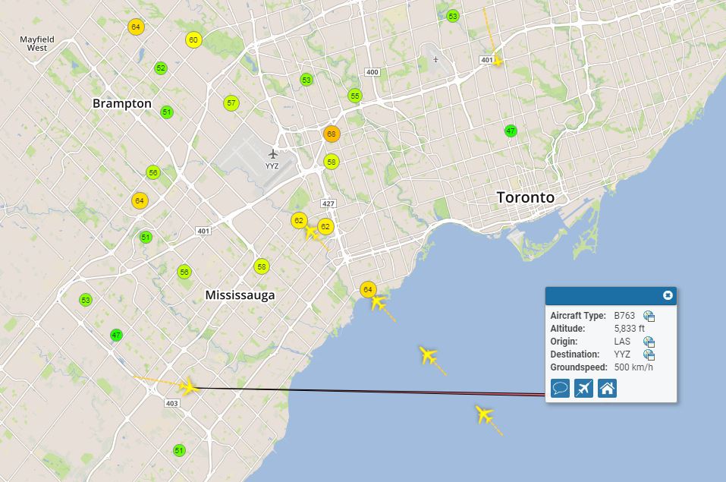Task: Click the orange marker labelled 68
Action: (331, 134)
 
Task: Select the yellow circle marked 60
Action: (193, 40)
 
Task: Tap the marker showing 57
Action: (231, 103)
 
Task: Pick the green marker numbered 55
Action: (354, 96)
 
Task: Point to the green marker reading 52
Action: (160, 68)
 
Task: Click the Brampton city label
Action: (121, 103)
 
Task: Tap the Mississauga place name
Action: (240, 295)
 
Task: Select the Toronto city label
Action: (525, 197)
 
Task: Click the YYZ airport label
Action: (272, 165)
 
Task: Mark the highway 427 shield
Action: (328, 203)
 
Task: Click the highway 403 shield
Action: (171, 403)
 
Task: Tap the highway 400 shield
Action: (372, 72)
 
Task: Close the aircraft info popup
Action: (668, 295)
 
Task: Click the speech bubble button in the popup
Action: (561, 389)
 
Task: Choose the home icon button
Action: (607, 389)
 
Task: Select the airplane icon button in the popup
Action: (583, 389)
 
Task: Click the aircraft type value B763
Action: (625, 316)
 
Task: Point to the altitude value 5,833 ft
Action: (629, 329)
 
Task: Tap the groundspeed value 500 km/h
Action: (633, 367)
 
